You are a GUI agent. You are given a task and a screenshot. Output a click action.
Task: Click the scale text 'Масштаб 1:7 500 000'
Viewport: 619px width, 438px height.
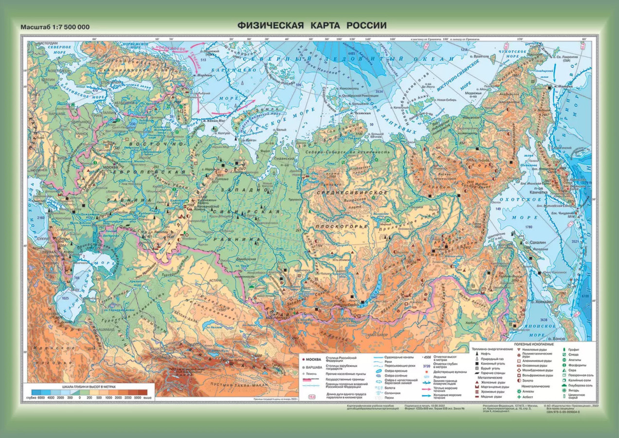(x=55, y=27)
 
